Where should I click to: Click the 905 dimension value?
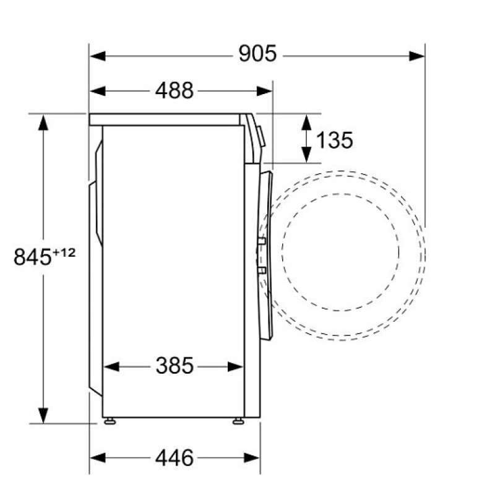point(257,54)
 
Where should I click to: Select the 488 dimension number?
point(174,90)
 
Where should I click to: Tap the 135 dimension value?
point(334,140)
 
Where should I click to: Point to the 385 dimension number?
point(174,366)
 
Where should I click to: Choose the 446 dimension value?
point(174,458)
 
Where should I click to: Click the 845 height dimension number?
point(32,257)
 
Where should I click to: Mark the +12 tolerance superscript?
point(64,252)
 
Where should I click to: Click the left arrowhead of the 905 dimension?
point(98,56)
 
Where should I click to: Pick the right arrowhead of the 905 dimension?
point(416,56)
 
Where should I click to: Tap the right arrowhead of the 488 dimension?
point(265,91)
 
